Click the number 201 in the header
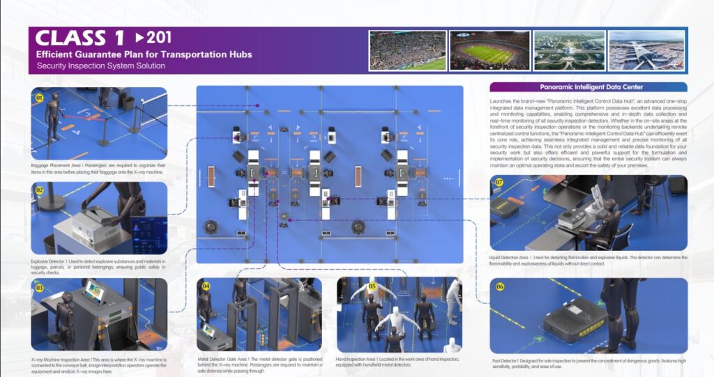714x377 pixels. tap(158, 38)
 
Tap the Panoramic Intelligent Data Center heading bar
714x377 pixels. tap(588, 87)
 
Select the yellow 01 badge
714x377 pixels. tap(40, 98)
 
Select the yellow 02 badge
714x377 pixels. tap(40, 190)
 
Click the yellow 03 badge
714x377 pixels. tap(40, 286)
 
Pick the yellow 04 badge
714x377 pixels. tap(206, 286)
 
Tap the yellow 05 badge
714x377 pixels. tap(372, 286)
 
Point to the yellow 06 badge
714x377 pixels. tap(499, 286)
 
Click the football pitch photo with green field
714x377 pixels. tap(487, 50)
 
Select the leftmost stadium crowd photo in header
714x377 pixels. tap(407, 50)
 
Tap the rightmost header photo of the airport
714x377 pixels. tap(646, 50)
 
